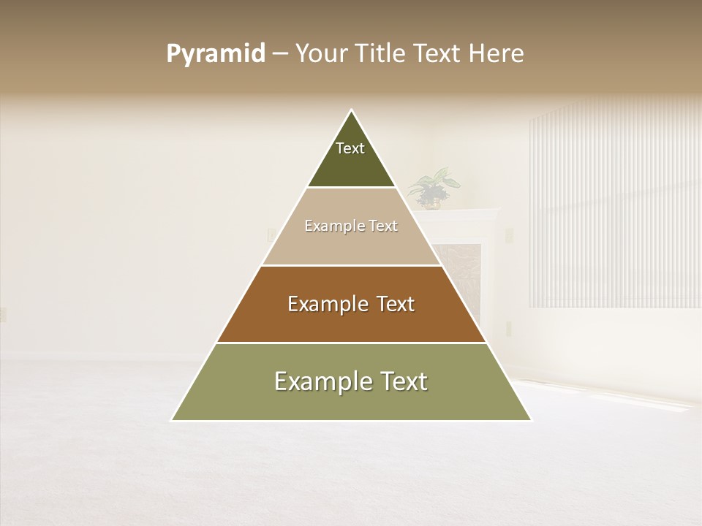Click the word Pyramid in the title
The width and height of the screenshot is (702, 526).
216,54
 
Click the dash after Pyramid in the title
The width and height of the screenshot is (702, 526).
280,54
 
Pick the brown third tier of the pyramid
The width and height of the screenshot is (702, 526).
352,321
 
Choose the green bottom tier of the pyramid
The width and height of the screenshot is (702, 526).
352,402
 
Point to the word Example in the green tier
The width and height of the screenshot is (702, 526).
322,381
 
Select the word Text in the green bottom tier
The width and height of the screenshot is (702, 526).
403,381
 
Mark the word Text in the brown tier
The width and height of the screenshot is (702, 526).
396,304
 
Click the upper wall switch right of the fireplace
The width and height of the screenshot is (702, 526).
509,235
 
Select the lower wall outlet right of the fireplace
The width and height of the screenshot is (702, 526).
509,328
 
